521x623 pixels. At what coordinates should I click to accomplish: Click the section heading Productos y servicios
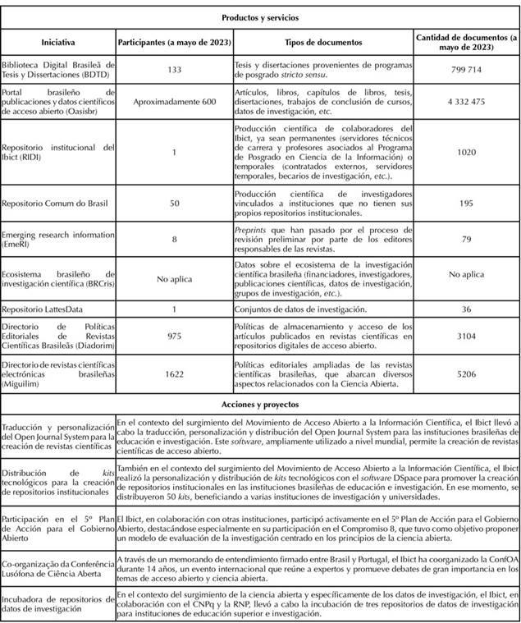click(x=260, y=16)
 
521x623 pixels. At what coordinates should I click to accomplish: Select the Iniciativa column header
click(x=58, y=42)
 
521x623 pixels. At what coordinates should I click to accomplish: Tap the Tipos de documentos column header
click(x=322, y=42)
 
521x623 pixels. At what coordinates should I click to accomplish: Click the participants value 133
click(x=173, y=71)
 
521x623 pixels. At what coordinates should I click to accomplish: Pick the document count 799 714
click(x=465, y=71)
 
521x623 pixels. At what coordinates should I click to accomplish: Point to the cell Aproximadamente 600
click(x=173, y=102)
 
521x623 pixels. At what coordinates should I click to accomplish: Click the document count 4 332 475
click(x=465, y=102)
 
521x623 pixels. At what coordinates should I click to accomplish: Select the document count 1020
click(x=465, y=153)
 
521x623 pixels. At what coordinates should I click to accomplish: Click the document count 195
click(x=465, y=201)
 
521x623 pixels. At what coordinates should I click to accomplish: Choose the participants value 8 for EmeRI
click(x=173, y=239)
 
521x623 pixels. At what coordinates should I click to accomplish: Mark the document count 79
click(x=465, y=239)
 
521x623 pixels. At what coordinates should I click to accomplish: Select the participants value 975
click(x=173, y=336)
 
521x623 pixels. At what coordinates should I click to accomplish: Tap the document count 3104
click(x=465, y=336)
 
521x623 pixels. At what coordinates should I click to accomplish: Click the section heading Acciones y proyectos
click(x=260, y=404)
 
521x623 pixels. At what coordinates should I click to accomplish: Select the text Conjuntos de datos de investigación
click(x=300, y=309)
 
